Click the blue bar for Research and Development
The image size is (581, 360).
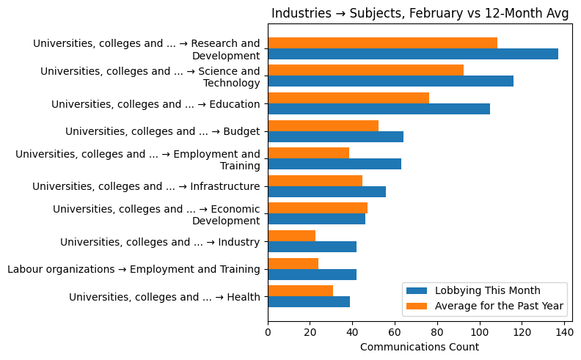412,54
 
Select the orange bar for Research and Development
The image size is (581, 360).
382,43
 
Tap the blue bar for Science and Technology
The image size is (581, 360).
390,81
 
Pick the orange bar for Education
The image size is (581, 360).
348,98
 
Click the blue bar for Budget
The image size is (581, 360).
335,136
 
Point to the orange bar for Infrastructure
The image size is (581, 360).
315,181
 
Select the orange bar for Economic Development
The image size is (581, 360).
318,208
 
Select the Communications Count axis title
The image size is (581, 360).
420,347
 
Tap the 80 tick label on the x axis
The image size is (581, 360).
437,332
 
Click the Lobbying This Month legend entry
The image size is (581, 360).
487,290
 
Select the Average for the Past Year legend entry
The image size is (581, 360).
499,305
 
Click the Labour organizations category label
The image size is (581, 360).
134,269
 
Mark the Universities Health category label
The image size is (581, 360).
164,297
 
